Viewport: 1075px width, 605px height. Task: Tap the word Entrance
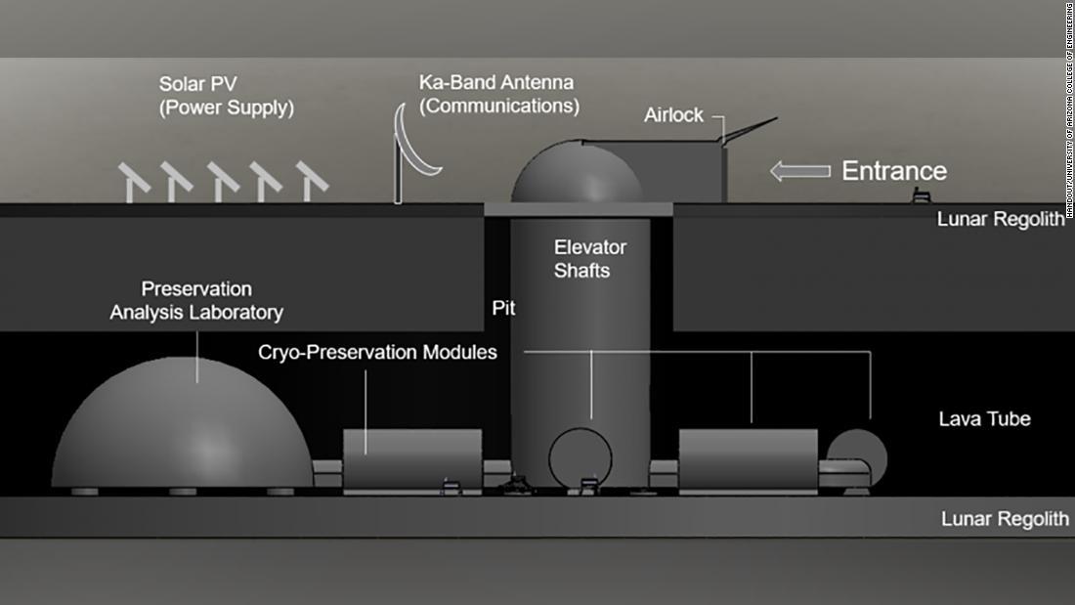(x=894, y=171)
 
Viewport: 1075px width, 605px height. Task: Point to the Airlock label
(x=673, y=115)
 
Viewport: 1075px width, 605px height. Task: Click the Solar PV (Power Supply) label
(x=226, y=96)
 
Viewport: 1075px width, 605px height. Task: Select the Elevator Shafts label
(x=589, y=258)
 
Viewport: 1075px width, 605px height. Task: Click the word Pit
(x=503, y=309)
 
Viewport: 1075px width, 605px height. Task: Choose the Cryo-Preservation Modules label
(x=377, y=352)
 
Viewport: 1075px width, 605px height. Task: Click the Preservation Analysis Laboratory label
(x=196, y=301)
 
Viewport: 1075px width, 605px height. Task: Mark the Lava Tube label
(x=984, y=419)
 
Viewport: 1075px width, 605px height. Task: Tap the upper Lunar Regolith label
(x=1000, y=219)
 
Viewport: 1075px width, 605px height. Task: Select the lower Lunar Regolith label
(x=1005, y=519)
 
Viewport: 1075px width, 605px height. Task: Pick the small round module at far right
(x=858, y=455)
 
